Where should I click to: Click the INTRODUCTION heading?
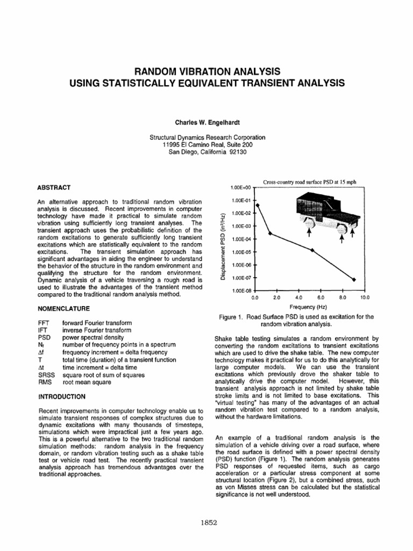[62, 397]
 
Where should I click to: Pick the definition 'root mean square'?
[86, 382]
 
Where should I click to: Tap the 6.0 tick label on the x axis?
[321, 297]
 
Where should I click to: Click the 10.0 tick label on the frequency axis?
[365, 297]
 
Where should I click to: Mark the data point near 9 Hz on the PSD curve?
[353, 279]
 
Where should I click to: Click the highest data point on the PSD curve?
[257, 205]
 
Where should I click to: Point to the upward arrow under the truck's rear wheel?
[309, 232]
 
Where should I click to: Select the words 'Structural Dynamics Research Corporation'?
[206, 137]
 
